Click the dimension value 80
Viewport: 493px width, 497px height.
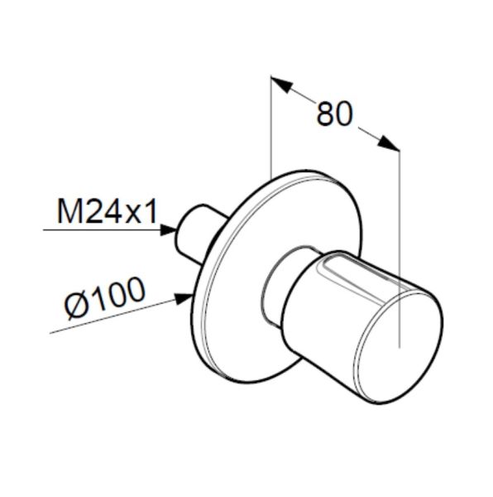pos(334,113)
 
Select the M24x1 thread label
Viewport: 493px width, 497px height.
pos(107,212)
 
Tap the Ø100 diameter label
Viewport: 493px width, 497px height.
pos(105,298)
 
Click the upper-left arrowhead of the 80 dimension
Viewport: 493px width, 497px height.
pos(281,84)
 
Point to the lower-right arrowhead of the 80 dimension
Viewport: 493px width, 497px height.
pos(389,143)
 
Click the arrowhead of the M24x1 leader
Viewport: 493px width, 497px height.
pos(168,229)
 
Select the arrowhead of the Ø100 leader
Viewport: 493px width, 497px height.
pos(184,298)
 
